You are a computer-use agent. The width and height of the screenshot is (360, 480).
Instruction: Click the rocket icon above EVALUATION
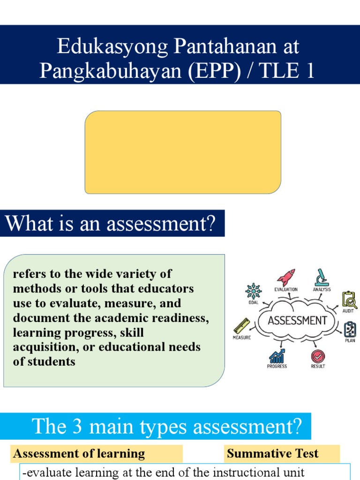(285, 277)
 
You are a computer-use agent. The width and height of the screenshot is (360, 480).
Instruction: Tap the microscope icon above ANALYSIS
(322, 277)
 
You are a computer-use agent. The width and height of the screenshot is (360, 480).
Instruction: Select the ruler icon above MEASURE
(242, 325)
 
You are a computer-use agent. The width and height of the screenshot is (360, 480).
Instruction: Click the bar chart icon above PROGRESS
(277, 356)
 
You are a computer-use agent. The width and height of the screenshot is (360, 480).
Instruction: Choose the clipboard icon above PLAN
(350, 330)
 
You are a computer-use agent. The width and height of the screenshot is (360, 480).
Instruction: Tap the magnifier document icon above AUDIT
(349, 300)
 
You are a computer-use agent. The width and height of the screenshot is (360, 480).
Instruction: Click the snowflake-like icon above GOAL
(254, 291)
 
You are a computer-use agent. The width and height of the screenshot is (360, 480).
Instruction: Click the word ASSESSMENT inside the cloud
(297, 321)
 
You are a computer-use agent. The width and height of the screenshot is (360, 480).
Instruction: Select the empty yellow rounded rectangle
(183, 152)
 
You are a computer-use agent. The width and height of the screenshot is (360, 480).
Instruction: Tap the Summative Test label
(272, 453)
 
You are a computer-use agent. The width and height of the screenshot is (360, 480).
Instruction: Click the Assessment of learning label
(79, 453)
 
